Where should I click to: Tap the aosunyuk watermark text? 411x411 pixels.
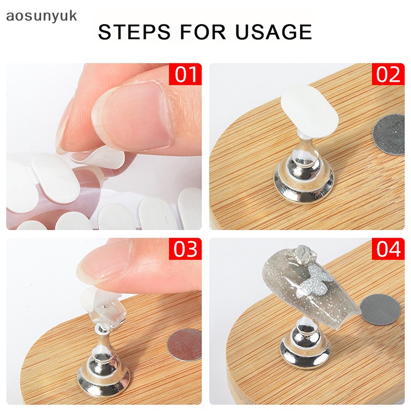[x=41, y=15]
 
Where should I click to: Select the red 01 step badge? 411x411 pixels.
[x=185, y=75]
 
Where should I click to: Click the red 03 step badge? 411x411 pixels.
[x=185, y=250]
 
